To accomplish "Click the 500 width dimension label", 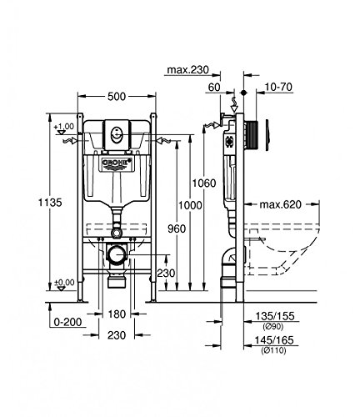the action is pos(117,97).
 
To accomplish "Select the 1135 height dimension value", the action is pos(50,203).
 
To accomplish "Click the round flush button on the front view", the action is pos(116,134).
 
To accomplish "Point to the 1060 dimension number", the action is pos(204,183).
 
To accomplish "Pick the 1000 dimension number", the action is pos(190,205).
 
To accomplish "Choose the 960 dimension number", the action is pos(177,229).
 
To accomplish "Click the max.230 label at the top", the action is pos(187,70).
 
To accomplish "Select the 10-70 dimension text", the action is pos(278,87).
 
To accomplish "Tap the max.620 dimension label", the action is pos(280,204).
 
